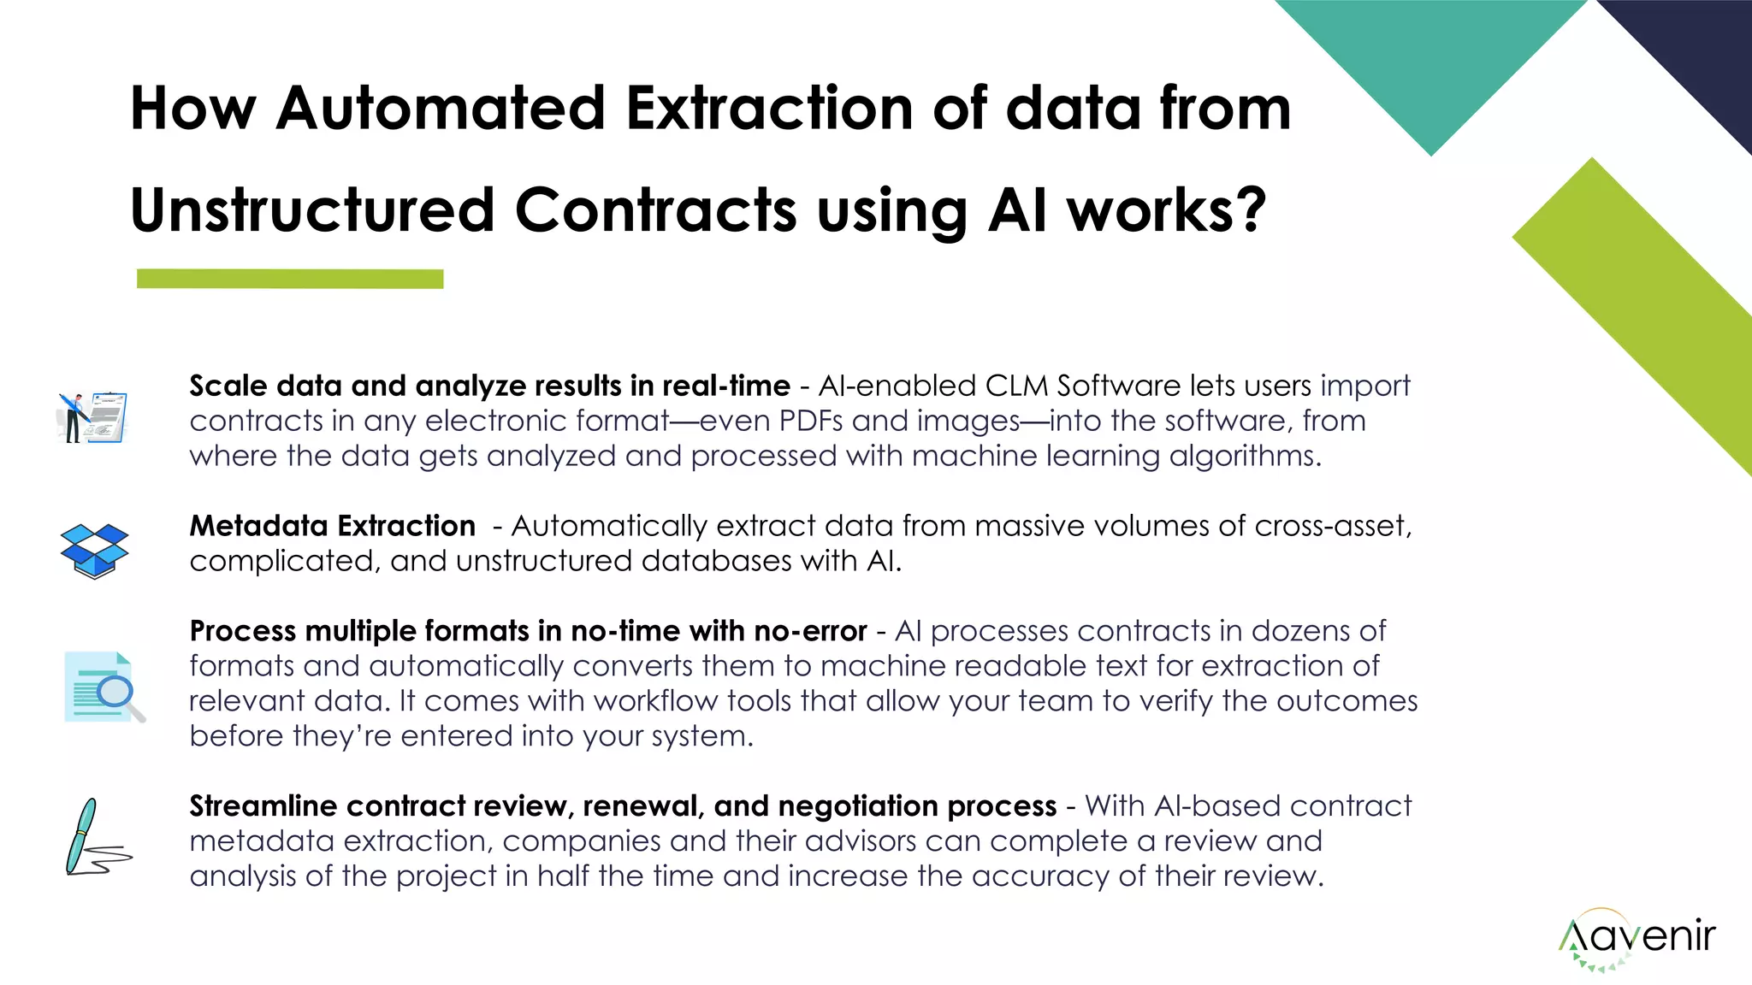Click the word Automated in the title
(x=441, y=109)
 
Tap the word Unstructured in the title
(x=312, y=210)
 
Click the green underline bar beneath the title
(x=290, y=279)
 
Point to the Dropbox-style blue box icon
(x=94, y=551)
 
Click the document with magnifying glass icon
(x=104, y=687)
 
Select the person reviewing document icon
(x=93, y=417)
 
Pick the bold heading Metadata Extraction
(x=332, y=526)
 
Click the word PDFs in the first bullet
(x=812, y=421)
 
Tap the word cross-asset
(x=1332, y=526)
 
